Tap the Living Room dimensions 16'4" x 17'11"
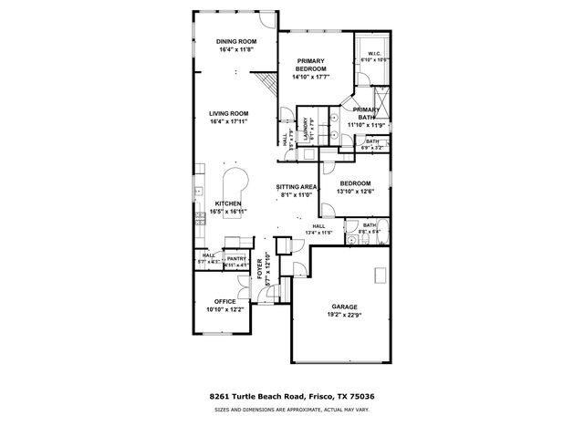pyautogui.click(x=228, y=121)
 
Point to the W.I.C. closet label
pyautogui.click(x=373, y=54)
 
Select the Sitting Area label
pyautogui.click(x=296, y=187)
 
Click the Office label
pyautogui.click(x=224, y=301)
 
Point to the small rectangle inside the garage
pyautogui.click(x=377, y=275)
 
